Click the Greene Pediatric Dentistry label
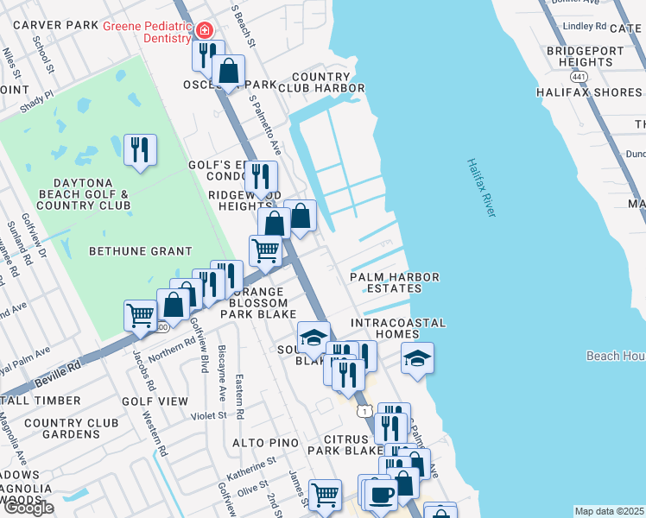point(147,32)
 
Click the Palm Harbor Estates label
point(395,283)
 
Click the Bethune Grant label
point(141,251)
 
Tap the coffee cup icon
point(380,495)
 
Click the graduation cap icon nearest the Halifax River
point(417,358)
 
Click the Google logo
point(28,508)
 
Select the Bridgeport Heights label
point(586,57)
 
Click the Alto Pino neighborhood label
point(265,443)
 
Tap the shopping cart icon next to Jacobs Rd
point(140,315)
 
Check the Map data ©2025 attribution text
point(610,511)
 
